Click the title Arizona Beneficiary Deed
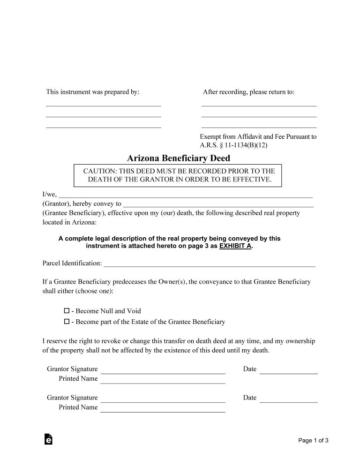(x=179, y=158)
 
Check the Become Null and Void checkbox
(x=67, y=311)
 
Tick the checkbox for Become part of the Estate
(x=67, y=322)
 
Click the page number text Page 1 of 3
(x=313, y=440)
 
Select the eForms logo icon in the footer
(x=48, y=439)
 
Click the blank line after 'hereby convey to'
(x=218, y=205)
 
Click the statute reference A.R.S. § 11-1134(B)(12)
(x=233, y=145)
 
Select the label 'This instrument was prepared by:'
(x=92, y=92)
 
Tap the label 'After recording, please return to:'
(x=248, y=92)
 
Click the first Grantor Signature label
(x=72, y=369)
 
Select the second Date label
(x=250, y=398)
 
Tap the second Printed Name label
(x=78, y=407)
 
